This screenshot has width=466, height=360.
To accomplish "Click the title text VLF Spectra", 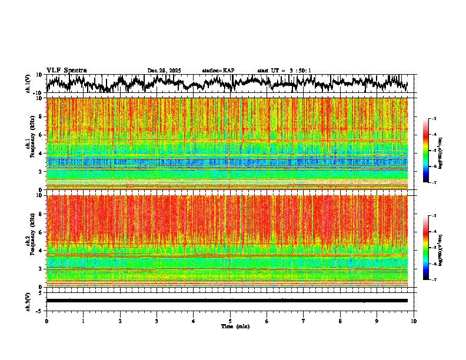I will pos(66,71).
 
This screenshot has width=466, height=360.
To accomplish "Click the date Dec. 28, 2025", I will pos(164,71).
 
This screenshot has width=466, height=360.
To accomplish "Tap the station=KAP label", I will pos(218,71).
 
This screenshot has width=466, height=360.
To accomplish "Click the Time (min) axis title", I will pos(234,326).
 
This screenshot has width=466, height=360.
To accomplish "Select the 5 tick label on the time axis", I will pos(230,321).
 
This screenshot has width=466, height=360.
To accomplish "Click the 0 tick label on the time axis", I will pos(46,321).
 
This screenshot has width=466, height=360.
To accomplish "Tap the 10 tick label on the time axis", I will pos(414,321).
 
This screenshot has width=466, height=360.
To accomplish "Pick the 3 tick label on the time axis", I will pos(157,321).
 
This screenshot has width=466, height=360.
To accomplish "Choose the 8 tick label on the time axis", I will pos(341,321).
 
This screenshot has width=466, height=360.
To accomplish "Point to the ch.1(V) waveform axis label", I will pos(29,84).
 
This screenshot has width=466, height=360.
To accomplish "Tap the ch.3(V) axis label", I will pos(29,301).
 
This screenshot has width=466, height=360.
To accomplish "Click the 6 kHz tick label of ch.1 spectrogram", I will pos(41,135).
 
